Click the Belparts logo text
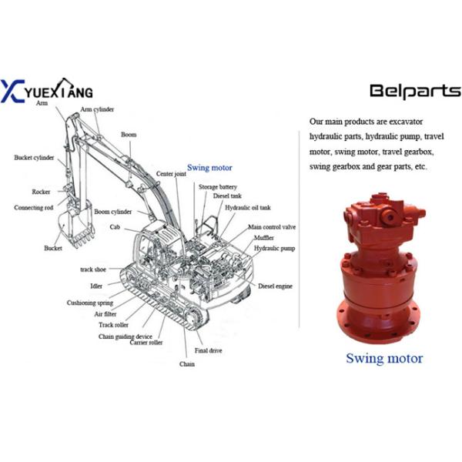point(415,91)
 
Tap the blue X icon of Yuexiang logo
point(12,91)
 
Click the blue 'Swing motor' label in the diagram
point(209,168)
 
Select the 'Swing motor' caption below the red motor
point(384,358)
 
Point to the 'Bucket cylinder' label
point(34,158)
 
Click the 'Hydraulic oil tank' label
point(248,207)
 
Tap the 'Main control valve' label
point(272,227)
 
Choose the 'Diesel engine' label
point(275,286)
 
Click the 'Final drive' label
point(209,350)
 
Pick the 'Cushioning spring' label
point(90,303)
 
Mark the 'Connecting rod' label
point(34,207)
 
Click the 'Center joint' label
point(171,174)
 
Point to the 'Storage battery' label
point(218,187)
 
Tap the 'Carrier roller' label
point(146,343)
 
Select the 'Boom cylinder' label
point(113,212)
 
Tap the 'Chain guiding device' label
point(126,336)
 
